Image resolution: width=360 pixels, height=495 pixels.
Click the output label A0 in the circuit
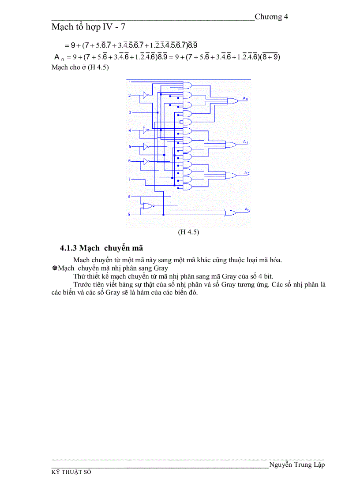point(245,99)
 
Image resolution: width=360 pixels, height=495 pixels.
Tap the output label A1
point(245,142)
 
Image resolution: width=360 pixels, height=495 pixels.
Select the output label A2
point(247,173)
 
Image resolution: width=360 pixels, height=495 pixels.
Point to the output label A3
point(247,210)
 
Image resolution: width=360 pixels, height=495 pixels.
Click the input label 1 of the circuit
point(129,82)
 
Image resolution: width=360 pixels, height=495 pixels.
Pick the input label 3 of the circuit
point(129,113)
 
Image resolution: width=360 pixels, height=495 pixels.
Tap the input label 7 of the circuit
point(129,179)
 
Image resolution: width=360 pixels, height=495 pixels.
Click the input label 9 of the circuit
point(129,214)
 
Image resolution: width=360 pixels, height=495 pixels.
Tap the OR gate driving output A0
point(231,100)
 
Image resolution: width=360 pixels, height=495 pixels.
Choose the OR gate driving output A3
point(230,212)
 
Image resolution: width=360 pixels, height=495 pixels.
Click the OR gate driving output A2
point(230,175)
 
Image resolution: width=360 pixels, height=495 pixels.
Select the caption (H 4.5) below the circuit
point(188,232)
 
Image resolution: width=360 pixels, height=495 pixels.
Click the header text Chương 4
point(271,17)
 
